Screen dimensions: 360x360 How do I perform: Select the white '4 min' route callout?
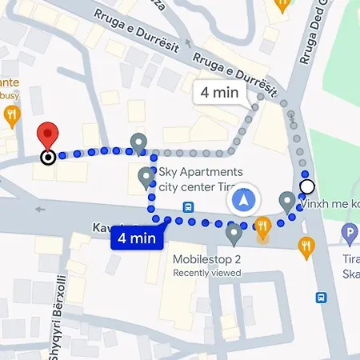pos(220,92)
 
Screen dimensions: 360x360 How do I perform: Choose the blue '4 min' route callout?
pos(137,237)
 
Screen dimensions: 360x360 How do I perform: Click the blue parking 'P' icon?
pos(348,234)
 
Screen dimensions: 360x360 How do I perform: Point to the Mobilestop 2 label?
pos(206,259)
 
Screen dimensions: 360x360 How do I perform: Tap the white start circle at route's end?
pos(307,187)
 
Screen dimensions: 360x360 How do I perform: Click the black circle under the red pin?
pos(49,157)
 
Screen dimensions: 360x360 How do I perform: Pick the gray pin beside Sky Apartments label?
pos(146,177)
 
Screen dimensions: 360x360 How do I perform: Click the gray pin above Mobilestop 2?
pos(234,234)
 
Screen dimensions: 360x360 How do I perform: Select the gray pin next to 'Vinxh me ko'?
pos(287,201)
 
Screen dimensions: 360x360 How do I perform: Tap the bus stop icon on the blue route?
pos(188,206)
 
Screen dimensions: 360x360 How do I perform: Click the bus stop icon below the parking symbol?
pos(322,297)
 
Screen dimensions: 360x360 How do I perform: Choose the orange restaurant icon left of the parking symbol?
pos(306,247)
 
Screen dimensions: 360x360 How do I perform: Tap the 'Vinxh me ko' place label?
pos(329,205)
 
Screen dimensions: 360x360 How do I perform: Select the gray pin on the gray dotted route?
pos(138,143)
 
